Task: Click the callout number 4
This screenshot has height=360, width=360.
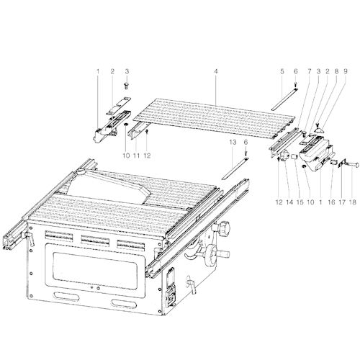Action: click(x=216, y=71)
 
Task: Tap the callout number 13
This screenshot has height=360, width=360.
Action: click(x=233, y=143)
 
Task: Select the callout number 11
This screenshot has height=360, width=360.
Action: click(x=136, y=156)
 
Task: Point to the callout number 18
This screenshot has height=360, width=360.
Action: click(x=352, y=202)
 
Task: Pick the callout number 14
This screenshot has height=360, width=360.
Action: click(x=289, y=202)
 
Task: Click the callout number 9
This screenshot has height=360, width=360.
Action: click(x=346, y=71)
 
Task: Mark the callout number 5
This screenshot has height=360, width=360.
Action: click(x=282, y=71)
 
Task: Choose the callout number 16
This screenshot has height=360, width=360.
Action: click(x=331, y=202)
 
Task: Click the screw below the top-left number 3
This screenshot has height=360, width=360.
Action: click(x=127, y=86)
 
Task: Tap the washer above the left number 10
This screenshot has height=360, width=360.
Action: click(x=125, y=125)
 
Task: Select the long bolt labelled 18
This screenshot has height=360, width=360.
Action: click(x=352, y=165)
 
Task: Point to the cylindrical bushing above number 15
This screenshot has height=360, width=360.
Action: click(x=294, y=157)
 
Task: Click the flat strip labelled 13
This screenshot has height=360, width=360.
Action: click(x=235, y=168)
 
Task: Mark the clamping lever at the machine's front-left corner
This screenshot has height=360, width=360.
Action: click(x=30, y=238)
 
